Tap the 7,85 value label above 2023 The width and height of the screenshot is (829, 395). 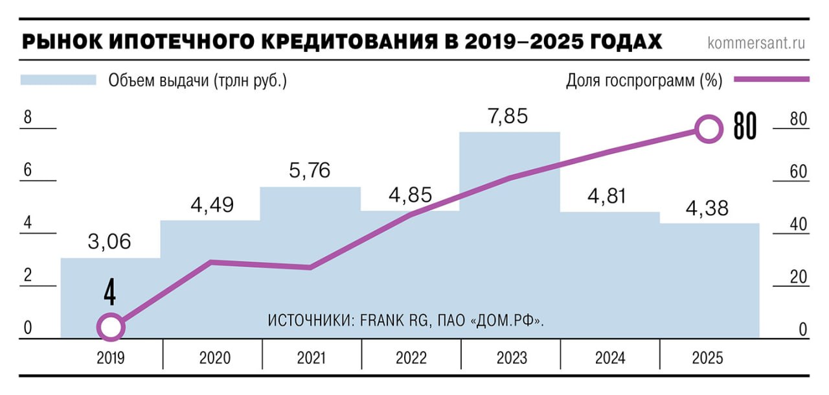pos(508,116)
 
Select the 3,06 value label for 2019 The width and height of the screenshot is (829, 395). pos(110,242)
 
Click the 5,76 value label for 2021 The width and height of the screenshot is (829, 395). pos(310,171)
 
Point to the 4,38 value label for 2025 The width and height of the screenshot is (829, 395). pos(708,208)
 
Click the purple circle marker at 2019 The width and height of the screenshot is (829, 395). pos(111,327)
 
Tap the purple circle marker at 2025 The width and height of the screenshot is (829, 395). pos(709,128)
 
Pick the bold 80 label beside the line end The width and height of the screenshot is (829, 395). pos(745,127)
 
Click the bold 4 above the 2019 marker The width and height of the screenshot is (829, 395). pos(110,293)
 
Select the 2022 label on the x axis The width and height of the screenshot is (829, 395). pos(411,358)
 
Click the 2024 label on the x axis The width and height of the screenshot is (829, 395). pos(609,358)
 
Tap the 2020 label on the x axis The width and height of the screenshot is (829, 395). pos(212,358)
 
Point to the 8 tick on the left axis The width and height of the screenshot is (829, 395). pos(27,118)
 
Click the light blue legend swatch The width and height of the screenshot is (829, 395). pos(58,80)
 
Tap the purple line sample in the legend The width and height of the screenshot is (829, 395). pos(772,80)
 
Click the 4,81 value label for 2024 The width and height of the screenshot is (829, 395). pos(608,197)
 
